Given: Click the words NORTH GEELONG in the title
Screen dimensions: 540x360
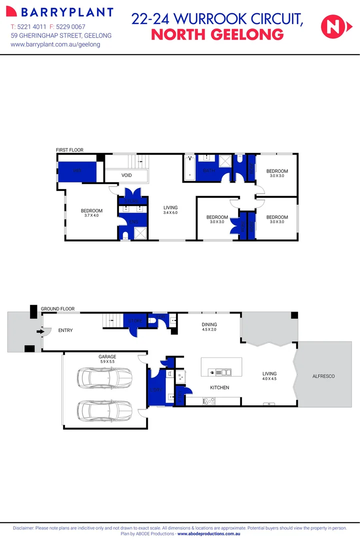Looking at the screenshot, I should point(217,35).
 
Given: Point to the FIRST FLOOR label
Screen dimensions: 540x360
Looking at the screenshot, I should point(69,150).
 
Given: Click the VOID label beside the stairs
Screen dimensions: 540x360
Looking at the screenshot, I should point(126,175).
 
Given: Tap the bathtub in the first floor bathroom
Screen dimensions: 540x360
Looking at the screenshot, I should point(189,169).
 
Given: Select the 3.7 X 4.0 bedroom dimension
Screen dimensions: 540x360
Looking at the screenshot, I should point(91,216).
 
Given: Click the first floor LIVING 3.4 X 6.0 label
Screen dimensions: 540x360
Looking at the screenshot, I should point(170,210).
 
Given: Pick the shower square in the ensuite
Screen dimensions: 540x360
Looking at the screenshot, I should point(139,233).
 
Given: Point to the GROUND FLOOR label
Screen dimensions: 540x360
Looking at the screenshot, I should point(57,309).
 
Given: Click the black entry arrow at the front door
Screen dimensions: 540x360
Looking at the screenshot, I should point(39,330).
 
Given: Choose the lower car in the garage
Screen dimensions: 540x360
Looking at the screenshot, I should point(104,411).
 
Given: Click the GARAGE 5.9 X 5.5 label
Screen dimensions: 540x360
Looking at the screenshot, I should point(107,359).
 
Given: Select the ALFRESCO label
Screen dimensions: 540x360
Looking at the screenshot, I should point(323,376).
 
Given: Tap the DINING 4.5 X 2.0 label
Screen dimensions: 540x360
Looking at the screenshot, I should point(209,327).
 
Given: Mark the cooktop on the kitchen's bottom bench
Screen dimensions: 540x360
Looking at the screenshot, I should point(208,400).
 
